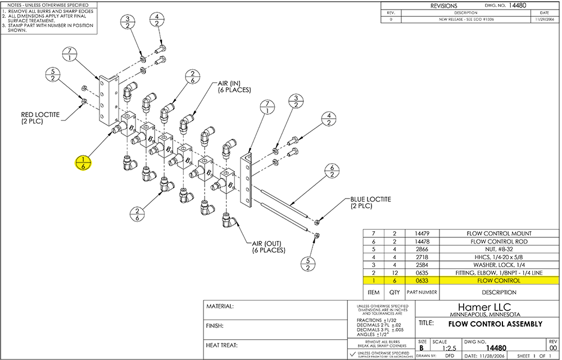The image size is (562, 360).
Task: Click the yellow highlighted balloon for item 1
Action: coord(83,163)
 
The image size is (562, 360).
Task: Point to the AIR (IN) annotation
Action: coord(232,87)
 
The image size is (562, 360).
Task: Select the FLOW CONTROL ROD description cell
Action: coord(499,241)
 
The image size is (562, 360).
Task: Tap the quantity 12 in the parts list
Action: coord(395,272)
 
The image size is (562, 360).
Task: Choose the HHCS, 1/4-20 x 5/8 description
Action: coord(499,256)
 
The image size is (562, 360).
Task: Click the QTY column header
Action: coord(395,292)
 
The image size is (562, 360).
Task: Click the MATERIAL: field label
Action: coord(220,307)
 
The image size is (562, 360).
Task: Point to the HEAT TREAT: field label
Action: coord(223,345)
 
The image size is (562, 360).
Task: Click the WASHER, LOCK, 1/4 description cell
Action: coord(499,264)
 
